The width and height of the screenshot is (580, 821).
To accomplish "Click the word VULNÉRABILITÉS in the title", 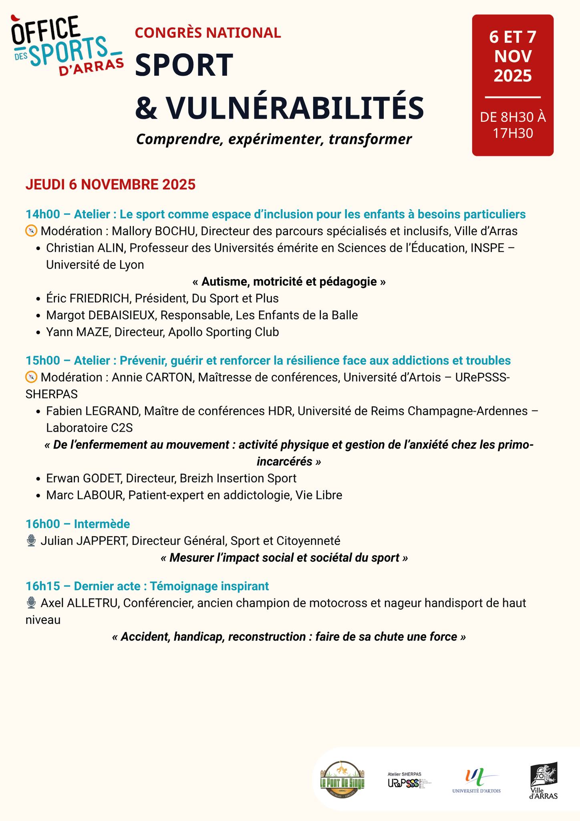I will (x=294, y=107).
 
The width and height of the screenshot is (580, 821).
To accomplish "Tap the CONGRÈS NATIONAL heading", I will (x=208, y=32).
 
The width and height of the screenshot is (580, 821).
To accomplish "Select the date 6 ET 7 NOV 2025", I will (x=513, y=57).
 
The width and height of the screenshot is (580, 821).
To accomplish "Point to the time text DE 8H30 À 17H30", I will (x=513, y=125).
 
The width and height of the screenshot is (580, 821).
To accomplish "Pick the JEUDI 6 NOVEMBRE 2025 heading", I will (x=111, y=184).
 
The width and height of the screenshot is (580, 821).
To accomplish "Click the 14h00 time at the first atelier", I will (x=42, y=214).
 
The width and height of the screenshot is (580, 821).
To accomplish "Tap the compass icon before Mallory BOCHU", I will (x=31, y=231).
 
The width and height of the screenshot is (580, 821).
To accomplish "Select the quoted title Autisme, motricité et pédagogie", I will (x=289, y=282).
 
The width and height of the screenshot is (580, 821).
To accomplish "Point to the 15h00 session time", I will (x=42, y=361).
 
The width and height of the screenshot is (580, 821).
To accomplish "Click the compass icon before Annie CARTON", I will (x=31, y=378).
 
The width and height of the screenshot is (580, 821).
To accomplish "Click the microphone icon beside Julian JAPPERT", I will (x=31, y=541).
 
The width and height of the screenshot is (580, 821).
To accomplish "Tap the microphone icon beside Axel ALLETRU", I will (x=31, y=603).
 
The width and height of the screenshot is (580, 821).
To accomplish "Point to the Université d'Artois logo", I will (x=476, y=781).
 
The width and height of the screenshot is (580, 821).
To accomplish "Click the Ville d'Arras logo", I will (x=544, y=781).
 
